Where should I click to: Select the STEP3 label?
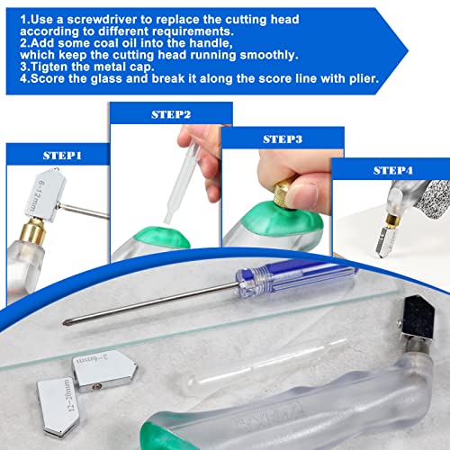tap(281, 139)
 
